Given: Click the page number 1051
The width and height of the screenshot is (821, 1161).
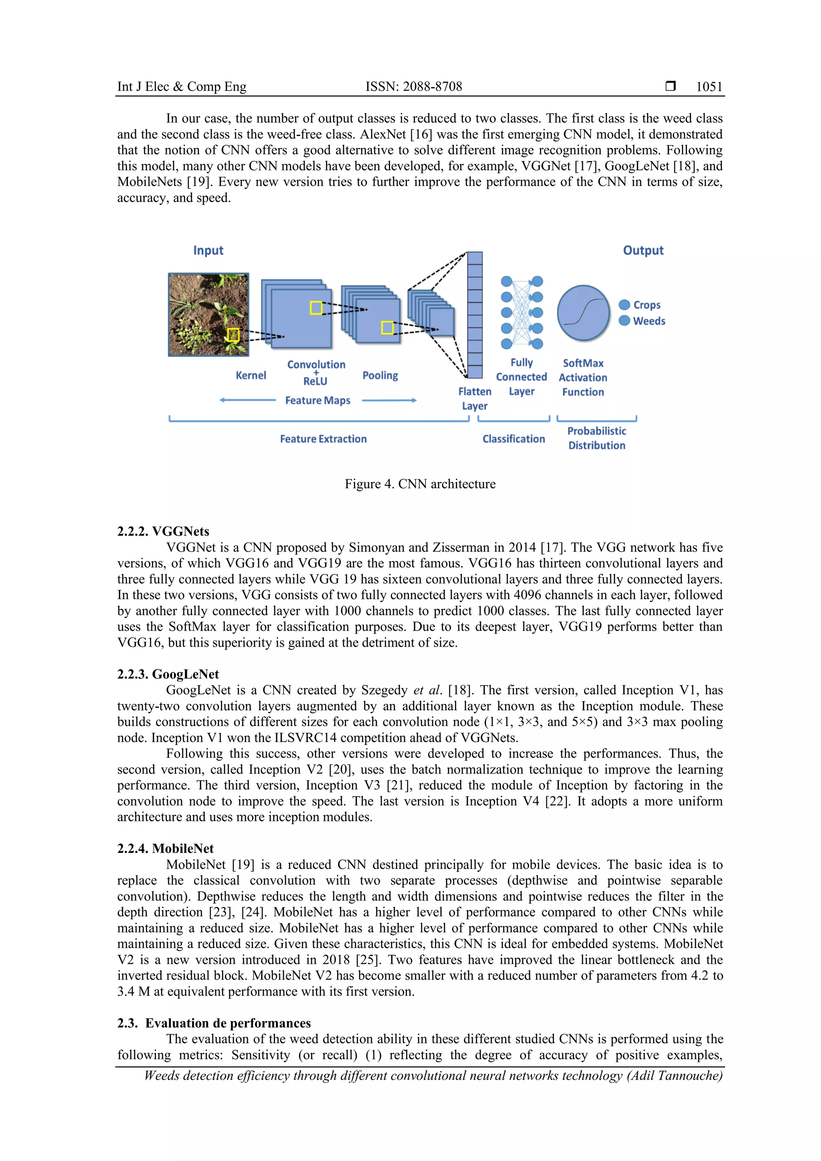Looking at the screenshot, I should point(709,87).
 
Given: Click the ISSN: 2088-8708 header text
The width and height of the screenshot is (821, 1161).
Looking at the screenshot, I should point(414,87).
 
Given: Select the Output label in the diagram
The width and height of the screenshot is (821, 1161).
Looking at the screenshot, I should point(643,250).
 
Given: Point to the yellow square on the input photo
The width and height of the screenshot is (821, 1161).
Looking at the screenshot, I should point(233,335).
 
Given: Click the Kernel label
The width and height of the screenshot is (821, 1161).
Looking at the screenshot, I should point(250,375).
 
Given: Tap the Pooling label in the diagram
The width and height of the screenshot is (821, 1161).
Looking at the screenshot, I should point(380,375).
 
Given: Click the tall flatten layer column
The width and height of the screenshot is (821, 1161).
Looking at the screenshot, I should point(474,315).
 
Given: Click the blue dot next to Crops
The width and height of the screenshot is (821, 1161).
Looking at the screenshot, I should point(624,304).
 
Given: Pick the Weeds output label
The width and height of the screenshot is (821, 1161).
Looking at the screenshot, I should point(649,321).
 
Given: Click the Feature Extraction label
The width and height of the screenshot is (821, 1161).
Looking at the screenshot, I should point(323,439).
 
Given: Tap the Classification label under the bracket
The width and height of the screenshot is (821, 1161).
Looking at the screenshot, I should point(513,439).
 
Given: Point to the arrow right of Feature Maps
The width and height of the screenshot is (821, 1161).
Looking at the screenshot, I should point(389,400).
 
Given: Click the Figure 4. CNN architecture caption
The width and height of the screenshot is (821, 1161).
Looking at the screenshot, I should point(420,484).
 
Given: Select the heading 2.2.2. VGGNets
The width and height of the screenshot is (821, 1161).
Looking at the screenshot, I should point(163,532).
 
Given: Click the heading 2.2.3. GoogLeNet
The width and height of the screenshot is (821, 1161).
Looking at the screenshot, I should point(168,674).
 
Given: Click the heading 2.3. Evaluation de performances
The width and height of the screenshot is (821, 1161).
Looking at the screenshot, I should point(214,1023).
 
